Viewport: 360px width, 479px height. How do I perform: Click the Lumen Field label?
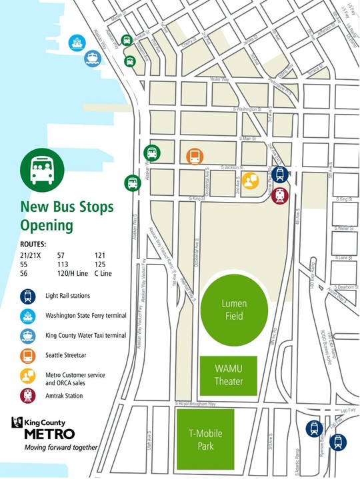pos(234,308)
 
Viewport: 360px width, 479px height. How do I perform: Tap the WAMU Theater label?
pos(229,376)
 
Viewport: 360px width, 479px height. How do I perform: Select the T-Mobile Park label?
pos(205,440)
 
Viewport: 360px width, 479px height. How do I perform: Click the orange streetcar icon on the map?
pos(194,157)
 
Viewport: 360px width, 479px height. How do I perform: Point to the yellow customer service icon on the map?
pos(250,181)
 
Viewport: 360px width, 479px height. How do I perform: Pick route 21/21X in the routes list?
pos(32,255)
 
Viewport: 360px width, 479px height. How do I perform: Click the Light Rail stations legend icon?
pos(29,295)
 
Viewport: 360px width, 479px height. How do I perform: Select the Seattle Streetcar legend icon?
pos(29,355)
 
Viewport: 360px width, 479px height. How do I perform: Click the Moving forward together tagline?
pos(61,447)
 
